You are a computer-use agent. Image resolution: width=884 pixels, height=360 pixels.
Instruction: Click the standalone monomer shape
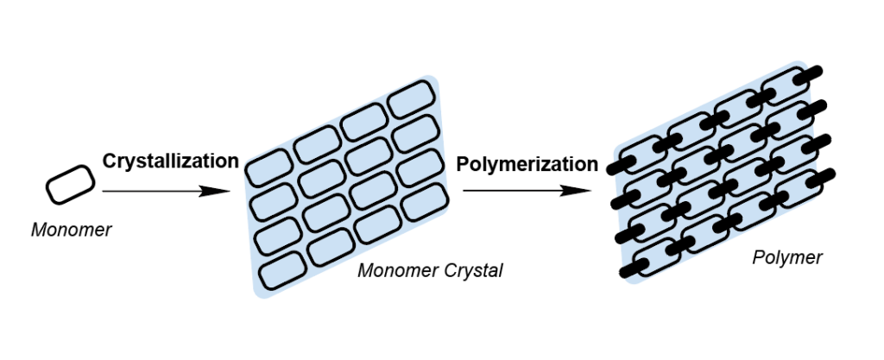(x=70, y=184)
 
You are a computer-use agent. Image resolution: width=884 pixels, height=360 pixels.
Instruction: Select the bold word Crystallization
(x=170, y=161)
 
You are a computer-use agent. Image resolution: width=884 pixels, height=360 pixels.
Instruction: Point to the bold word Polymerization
(x=527, y=163)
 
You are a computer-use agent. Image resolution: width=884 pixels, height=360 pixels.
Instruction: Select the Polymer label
(x=787, y=257)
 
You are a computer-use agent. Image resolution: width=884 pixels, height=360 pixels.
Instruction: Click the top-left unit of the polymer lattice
(x=644, y=154)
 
